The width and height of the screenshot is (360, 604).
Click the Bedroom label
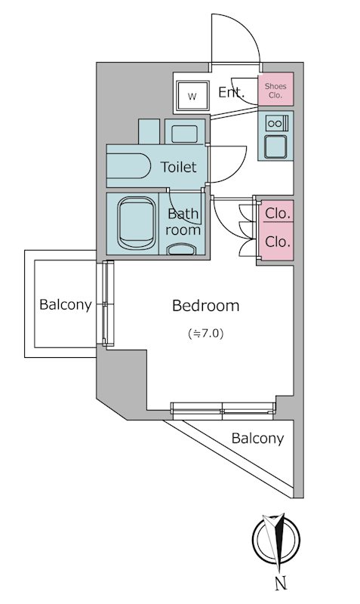pyautogui.click(x=205, y=306)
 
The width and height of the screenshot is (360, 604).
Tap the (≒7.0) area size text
pyautogui.click(x=205, y=333)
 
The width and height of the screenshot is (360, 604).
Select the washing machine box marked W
pyautogui.click(x=192, y=96)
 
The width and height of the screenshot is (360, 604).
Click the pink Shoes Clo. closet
pyautogui.click(x=275, y=89)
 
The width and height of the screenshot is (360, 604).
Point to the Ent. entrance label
pyautogui.click(x=232, y=92)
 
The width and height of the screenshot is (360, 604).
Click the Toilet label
pyautogui.click(x=178, y=167)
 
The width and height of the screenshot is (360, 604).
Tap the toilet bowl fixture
pyautogui.click(x=128, y=166)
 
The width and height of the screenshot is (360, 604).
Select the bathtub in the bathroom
pyautogui.click(x=137, y=223)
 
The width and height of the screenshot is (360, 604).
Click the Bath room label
pyautogui.click(x=183, y=221)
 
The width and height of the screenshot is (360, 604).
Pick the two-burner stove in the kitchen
pyautogui.click(x=276, y=123)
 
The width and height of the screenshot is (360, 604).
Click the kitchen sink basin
pyautogui.click(x=275, y=146)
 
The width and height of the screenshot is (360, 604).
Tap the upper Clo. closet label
pyautogui.click(x=277, y=213)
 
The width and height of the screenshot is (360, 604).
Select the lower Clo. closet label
pyautogui.click(x=277, y=242)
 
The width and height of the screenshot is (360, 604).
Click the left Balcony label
pyautogui.click(x=66, y=305)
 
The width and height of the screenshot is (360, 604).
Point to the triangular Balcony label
pyautogui.click(x=257, y=439)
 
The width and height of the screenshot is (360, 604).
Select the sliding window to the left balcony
pyautogui.click(x=108, y=304)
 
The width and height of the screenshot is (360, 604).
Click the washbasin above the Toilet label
pyautogui.click(x=184, y=131)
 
